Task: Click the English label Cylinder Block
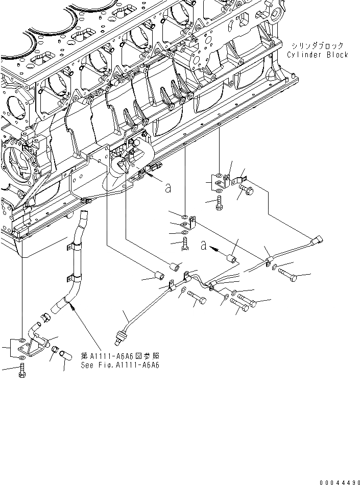point(317,55)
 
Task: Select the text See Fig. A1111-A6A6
point(120,366)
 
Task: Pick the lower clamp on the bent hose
point(69,280)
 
